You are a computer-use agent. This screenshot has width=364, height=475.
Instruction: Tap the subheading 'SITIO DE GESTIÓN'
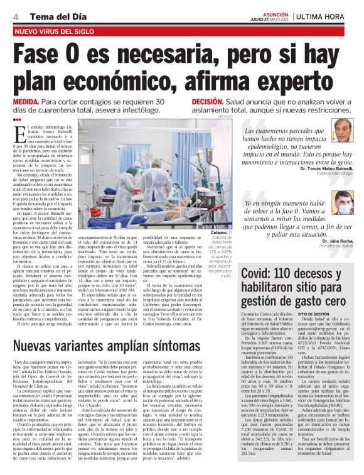pyautogui.click(x=314, y=312)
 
